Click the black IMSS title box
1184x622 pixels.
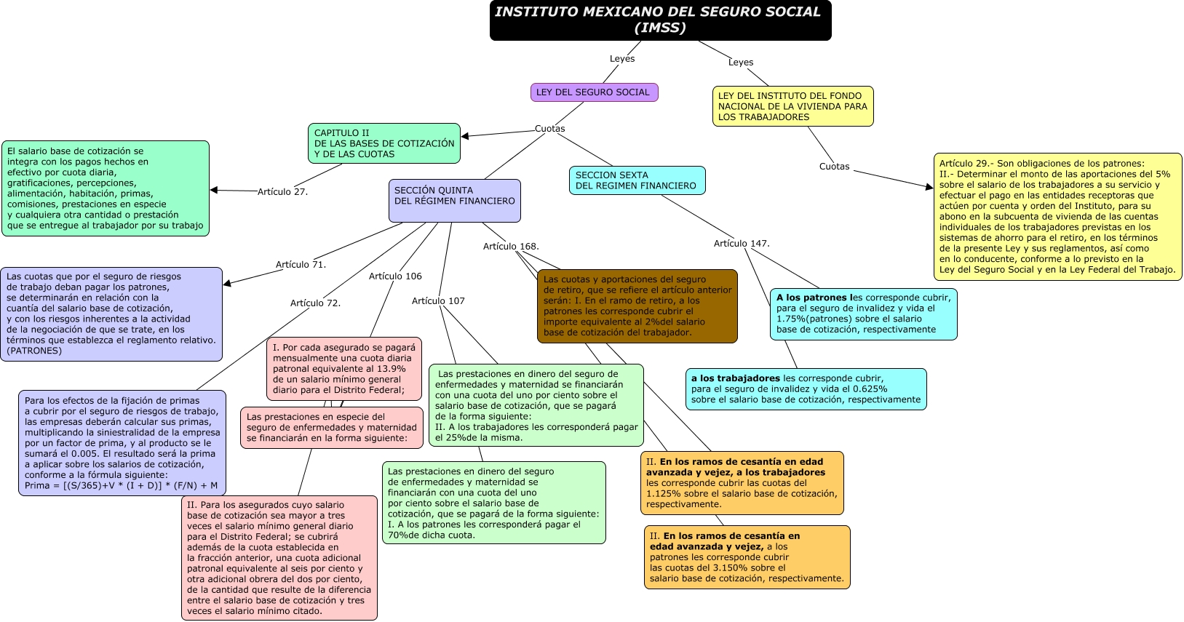660,20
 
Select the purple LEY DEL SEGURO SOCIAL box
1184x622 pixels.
594,92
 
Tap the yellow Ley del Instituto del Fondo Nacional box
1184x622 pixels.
792,106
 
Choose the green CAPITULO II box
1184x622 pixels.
384,143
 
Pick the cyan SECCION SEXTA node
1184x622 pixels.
636,180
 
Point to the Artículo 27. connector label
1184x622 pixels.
282,192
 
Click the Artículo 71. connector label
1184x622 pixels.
301,265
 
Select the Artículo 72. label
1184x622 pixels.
315,303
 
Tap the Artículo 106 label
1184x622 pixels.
395,276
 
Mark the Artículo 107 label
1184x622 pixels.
438,301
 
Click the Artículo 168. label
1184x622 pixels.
511,247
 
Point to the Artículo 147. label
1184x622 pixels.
742,244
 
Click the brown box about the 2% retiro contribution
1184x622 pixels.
637,306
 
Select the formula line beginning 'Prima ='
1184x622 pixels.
121,486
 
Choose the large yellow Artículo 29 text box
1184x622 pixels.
1057,216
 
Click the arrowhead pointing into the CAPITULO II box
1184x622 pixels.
466,136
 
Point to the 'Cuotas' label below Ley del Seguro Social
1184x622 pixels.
549,129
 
